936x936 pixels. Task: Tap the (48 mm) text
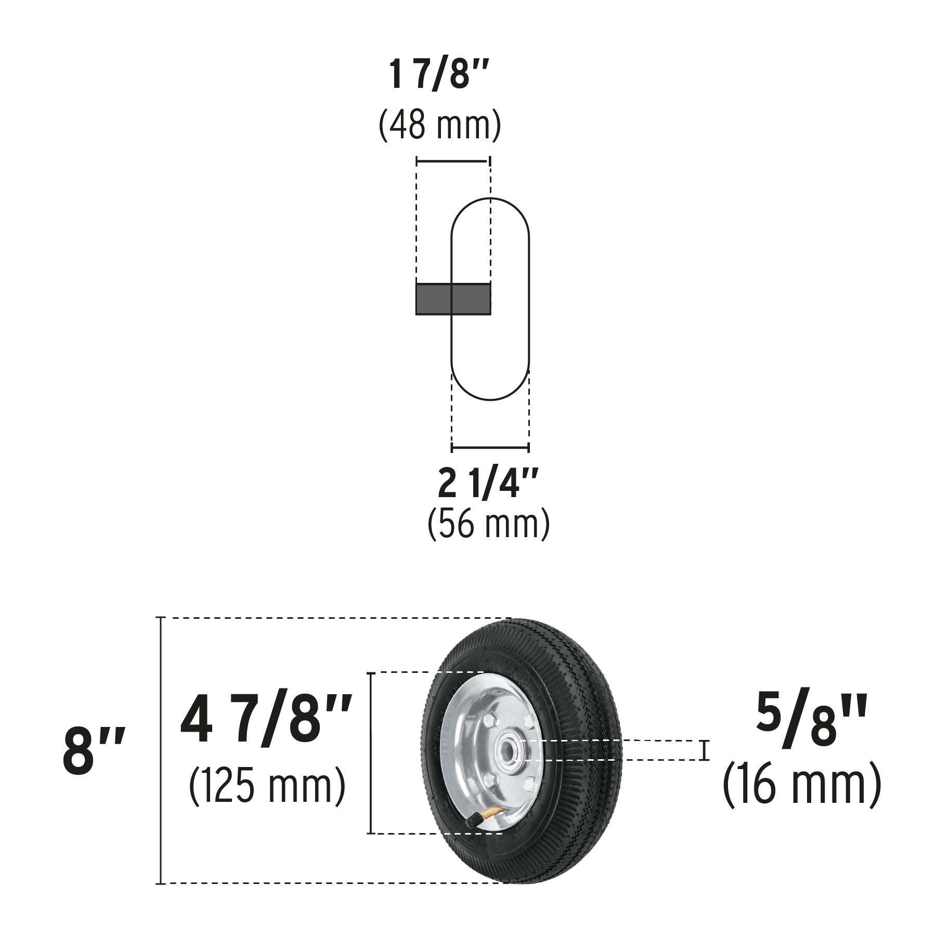(x=440, y=125)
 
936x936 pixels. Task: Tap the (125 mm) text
(x=267, y=785)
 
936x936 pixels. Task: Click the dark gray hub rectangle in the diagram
(x=453, y=299)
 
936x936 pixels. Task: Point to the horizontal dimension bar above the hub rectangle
(x=453, y=162)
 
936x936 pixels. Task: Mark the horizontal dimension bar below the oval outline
(x=490, y=447)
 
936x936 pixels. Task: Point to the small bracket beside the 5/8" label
(x=705, y=750)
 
